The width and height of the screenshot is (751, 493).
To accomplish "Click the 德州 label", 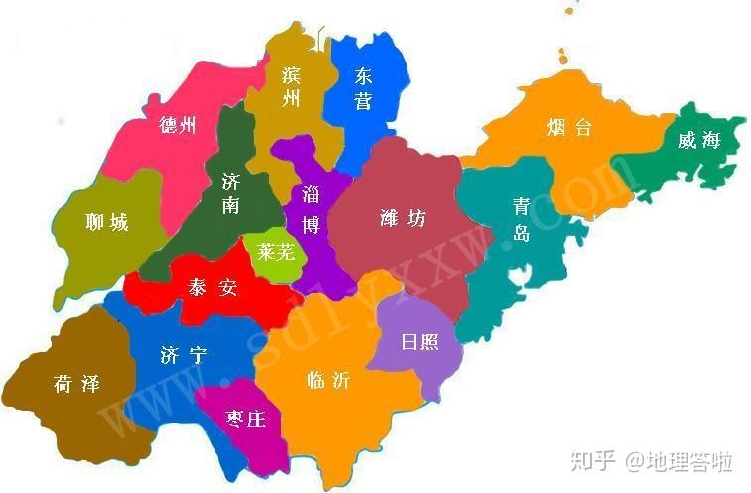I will point(178,125).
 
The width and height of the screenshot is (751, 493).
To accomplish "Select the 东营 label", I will point(363,87).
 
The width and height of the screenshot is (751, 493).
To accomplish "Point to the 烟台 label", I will point(568,127).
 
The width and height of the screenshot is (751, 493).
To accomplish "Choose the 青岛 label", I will point(521,218).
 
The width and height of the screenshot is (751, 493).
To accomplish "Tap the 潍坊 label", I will point(402,218).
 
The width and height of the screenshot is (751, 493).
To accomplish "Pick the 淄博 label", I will point(311,208).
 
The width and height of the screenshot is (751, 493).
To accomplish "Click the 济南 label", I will point(230,193).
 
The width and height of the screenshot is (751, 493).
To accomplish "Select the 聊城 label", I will point(107,222).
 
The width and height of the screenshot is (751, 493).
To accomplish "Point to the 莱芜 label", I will point(276,252).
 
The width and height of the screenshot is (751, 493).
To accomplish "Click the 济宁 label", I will point(184,354).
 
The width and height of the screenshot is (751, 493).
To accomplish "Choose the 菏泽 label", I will point(76,384).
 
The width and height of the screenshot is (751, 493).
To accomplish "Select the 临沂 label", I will point(328,380).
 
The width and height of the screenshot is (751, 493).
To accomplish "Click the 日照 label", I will point(419,342).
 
